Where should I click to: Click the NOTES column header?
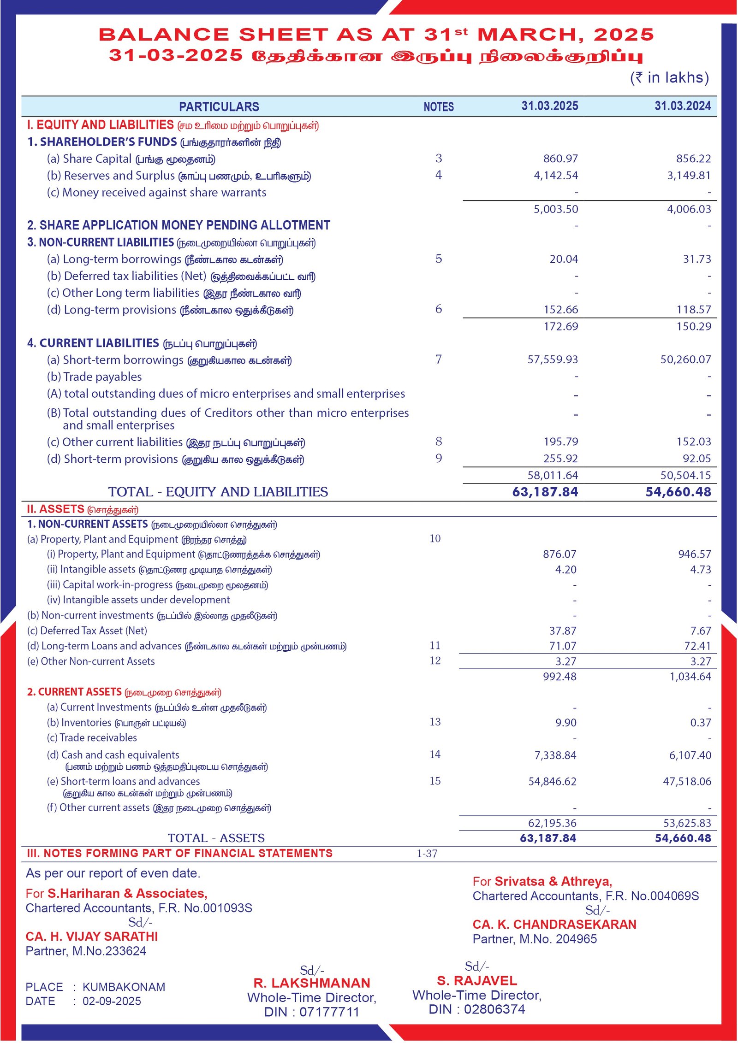click(x=438, y=107)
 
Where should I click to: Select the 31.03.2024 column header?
click(x=682, y=106)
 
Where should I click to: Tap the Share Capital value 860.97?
click(x=560, y=159)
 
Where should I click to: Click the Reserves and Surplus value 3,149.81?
click(x=689, y=176)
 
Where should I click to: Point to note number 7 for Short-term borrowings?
click(x=438, y=359)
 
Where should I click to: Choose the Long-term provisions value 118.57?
click(x=693, y=310)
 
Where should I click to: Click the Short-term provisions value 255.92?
click(x=560, y=459)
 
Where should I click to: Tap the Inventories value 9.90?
click(x=565, y=723)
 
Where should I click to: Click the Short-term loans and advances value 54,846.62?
click(x=552, y=782)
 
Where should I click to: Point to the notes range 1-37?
click(x=427, y=854)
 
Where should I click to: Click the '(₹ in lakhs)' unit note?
click(x=669, y=78)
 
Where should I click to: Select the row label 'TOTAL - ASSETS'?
click(x=216, y=838)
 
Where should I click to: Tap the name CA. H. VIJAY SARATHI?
click(x=92, y=937)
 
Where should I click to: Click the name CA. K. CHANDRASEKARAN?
click(x=554, y=925)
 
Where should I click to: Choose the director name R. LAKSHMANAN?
click(x=311, y=983)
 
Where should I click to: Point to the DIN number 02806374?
click(x=494, y=1009)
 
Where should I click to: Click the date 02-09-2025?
click(x=112, y=1001)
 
